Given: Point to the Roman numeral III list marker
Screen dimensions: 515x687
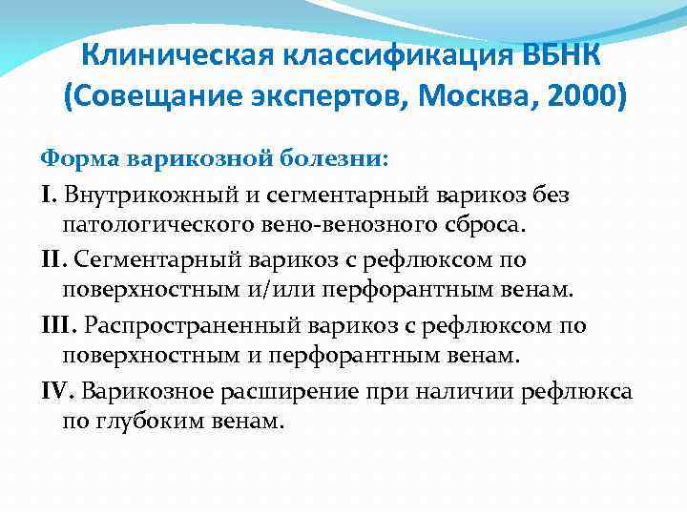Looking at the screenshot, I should [56, 325].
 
